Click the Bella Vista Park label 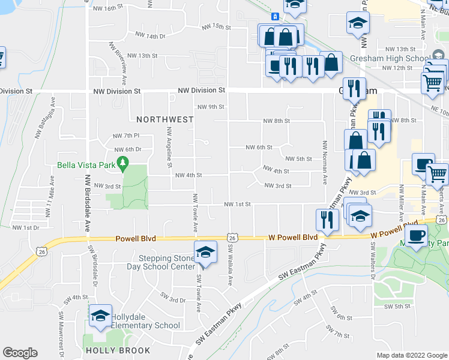[85, 165]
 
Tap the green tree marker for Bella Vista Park [123, 162]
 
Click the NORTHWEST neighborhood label [164, 119]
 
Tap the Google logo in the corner [20, 353]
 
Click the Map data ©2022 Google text [411, 355]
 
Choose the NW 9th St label [211, 107]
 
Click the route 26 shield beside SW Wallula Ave [232, 238]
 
